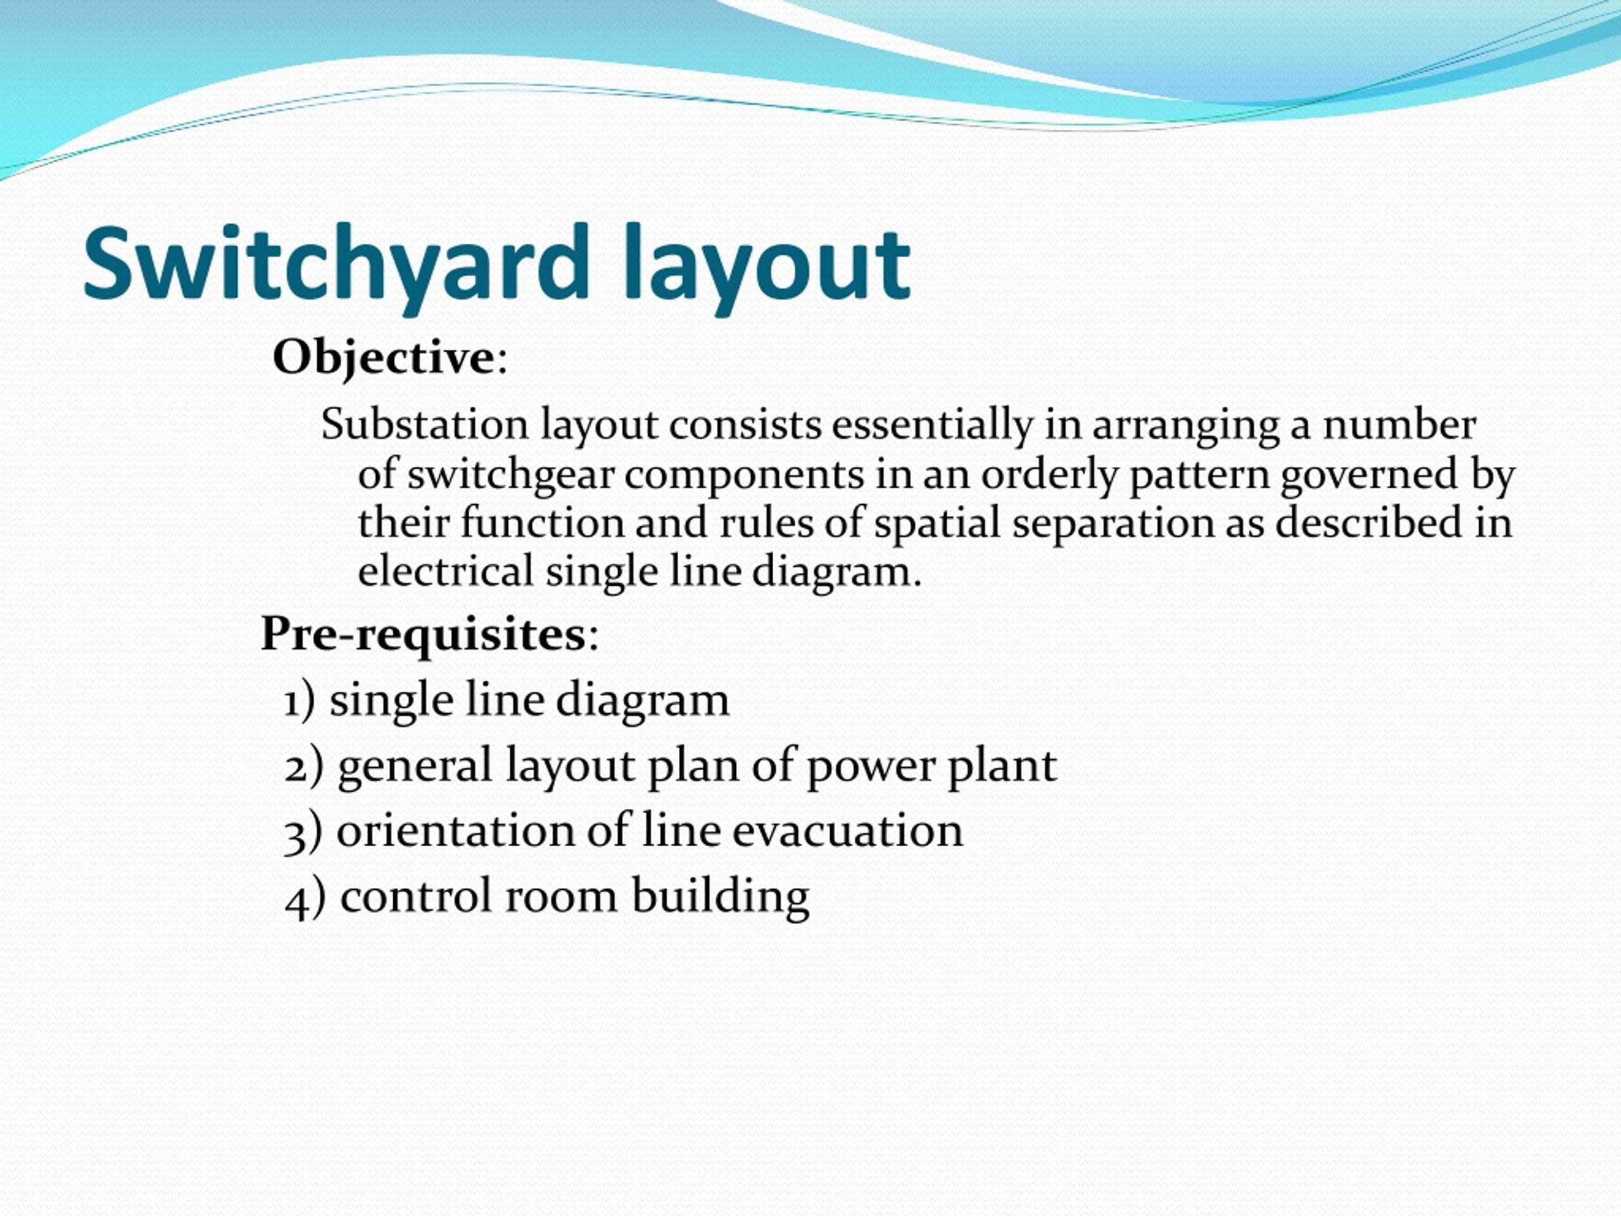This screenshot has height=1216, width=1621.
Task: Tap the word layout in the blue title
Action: (x=767, y=264)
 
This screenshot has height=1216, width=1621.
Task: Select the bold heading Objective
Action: (x=383, y=358)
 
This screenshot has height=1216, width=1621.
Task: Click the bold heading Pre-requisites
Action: (x=423, y=633)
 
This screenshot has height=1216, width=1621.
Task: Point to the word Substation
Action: (x=424, y=424)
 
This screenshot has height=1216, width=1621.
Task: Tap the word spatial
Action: (x=937, y=523)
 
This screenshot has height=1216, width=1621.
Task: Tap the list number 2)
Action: (x=303, y=766)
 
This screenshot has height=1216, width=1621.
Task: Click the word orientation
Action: (x=455, y=831)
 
